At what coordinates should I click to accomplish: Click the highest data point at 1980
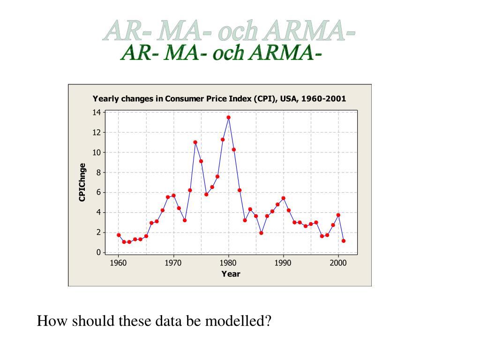tap(228, 117)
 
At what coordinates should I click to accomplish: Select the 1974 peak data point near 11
tap(195, 142)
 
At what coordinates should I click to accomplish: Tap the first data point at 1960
tap(119, 235)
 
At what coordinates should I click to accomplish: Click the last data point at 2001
tap(344, 241)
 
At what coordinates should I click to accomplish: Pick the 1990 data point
tap(283, 198)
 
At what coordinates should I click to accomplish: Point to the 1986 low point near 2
tap(261, 232)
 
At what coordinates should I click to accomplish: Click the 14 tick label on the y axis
tap(97, 112)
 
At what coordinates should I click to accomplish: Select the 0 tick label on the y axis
tap(98, 253)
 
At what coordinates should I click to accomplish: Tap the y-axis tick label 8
tap(98, 172)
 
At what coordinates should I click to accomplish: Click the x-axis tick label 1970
tap(173, 263)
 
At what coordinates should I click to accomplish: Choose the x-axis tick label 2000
tap(338, 263)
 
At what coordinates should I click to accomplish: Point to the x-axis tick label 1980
tap(228, 263)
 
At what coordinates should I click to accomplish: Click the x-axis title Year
tap(231, 274)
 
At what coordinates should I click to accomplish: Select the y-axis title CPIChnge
tap(82, 182)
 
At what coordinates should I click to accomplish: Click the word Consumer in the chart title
tap(184, 99)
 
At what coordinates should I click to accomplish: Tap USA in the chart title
tap(289, 99)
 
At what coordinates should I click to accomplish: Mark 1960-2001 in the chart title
tap(323, 99)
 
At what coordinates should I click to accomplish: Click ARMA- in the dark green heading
tap(285, 53)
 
